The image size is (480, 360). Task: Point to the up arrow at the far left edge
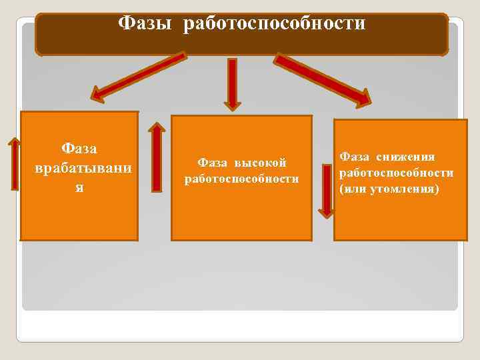pos(15,163)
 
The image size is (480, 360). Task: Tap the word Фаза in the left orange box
pos(79,147)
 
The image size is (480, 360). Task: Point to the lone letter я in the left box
pos(79,187)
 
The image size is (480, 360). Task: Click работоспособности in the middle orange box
pos(241,179)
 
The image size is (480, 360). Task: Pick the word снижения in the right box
pos(405,157)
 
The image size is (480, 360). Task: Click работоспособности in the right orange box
pos(396,173)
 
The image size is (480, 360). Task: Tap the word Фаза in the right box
pos(355,157)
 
